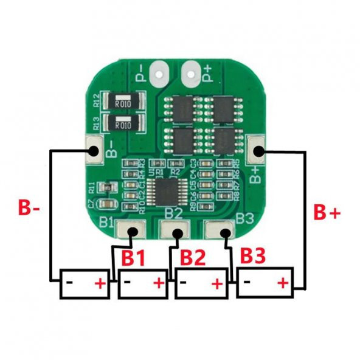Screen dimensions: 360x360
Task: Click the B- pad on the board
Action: [x=95, y=150]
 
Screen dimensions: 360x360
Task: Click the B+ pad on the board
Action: [x=258, y=151]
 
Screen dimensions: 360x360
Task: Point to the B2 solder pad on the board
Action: [x=178, y=232]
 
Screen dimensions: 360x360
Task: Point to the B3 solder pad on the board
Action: [x=223, y=232]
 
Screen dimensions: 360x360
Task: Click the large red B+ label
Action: [x=327, y=212]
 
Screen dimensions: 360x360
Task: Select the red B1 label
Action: [x=133, y=258]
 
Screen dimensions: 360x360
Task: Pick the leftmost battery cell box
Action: [x=84, y=283]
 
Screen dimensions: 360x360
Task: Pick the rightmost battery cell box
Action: [x=265, y=283]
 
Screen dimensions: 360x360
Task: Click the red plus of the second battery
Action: [x=159, y=283]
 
